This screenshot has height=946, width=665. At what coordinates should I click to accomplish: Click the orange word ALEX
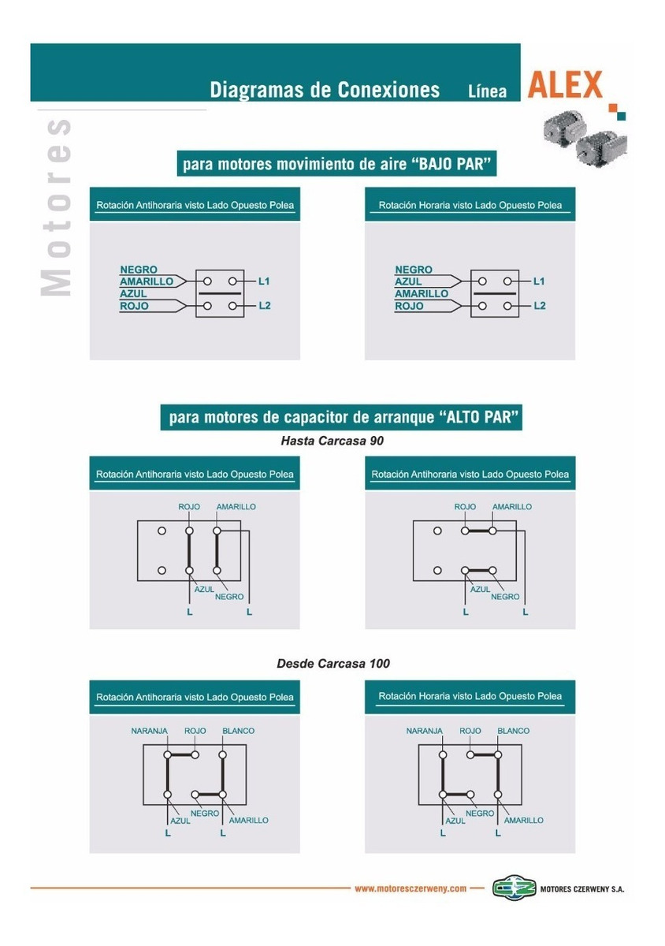[x=564, y=84]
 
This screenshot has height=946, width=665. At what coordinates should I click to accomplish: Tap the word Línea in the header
[x=487, y=91]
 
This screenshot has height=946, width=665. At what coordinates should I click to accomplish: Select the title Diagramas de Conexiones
[x=325, y=90]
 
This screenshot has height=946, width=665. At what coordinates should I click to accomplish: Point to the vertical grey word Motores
[x=56, y=207]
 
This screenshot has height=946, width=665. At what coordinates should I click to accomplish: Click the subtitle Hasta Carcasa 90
[x=332, y=441]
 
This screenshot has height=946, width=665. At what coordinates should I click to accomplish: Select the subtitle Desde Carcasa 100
[x=333, y=664]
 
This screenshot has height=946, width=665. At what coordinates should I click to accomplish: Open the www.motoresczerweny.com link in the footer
[x=411, y=888]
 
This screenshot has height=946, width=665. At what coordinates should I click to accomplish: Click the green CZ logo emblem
[x=514, y=888]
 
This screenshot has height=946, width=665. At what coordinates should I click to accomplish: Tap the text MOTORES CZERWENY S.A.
[x=581, y=889]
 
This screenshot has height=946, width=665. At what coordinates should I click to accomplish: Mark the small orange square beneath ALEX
[x=613, y=108]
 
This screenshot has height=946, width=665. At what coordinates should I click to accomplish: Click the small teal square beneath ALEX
[x=621, y=116]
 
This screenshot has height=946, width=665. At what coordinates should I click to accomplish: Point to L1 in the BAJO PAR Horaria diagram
[x=539, y=281]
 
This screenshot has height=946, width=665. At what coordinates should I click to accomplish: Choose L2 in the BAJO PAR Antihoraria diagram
[x=264, y=305]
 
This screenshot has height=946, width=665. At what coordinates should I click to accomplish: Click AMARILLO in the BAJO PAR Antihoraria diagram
[x=147, y=281]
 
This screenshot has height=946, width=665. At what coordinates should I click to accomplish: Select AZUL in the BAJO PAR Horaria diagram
[x=408, y=281]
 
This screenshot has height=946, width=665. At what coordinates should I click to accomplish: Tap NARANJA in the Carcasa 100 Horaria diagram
[x=425, y=731]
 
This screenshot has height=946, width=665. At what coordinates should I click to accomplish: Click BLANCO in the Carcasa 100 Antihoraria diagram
[x=238, y=731]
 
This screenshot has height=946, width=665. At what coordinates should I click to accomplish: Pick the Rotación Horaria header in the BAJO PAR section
[x=470, y=205]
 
